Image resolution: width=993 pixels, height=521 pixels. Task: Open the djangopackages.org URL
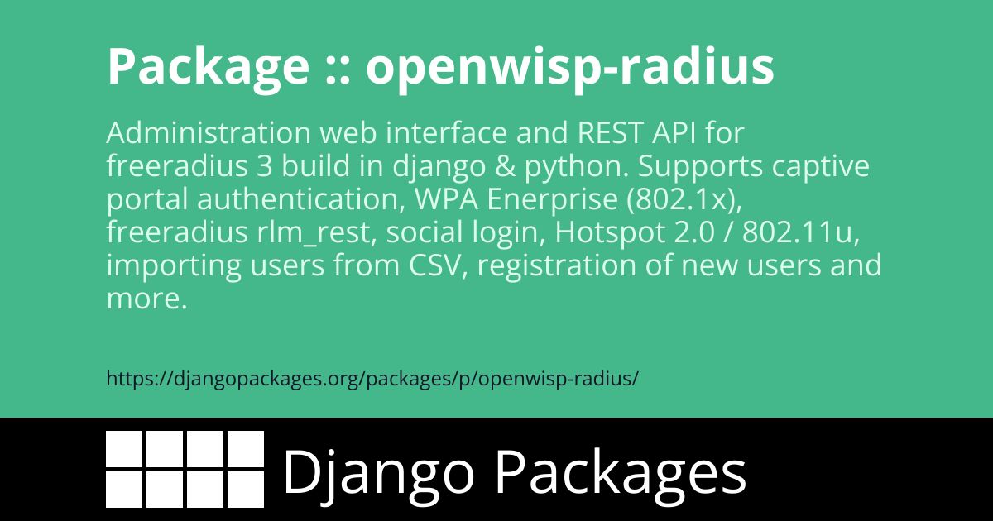click(x=372, y=379)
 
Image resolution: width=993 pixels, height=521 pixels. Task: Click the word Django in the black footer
click(x=378, y=473)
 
